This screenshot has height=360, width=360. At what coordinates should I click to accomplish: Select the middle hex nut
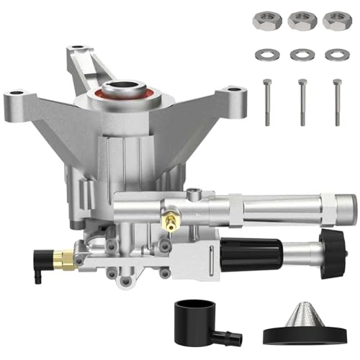click(302, 21)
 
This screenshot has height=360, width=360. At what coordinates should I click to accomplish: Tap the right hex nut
click(336, 21)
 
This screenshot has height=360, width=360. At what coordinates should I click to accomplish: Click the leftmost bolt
click(267, 102)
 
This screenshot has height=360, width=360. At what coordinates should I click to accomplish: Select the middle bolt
click(301, 102)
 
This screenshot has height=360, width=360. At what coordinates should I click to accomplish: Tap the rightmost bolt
click(336, 102)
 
